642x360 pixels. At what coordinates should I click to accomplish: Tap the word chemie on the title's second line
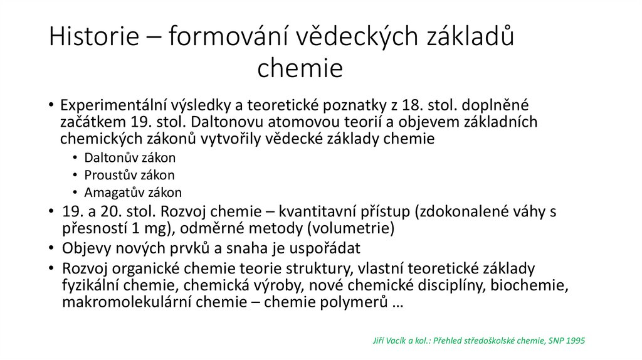click(x=300, y=68)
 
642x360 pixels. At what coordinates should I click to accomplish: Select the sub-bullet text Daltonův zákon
click(x=130, y=157)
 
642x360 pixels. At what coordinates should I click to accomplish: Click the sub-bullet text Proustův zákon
click(x=129, y=175)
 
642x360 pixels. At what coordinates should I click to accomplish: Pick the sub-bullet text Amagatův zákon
click(x=133, y=193)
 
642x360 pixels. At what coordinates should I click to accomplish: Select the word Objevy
click(x=85, y=247)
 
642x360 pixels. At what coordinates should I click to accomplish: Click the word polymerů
click(x=356, y=303)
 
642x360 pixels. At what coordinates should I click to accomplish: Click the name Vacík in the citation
click(x=394, y=341)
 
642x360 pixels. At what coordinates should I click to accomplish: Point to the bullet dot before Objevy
click(x=51, y=247)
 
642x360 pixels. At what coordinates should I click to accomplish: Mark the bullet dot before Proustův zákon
click(x=75, y=176)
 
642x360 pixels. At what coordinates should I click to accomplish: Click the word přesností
click(x=94, y=227)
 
